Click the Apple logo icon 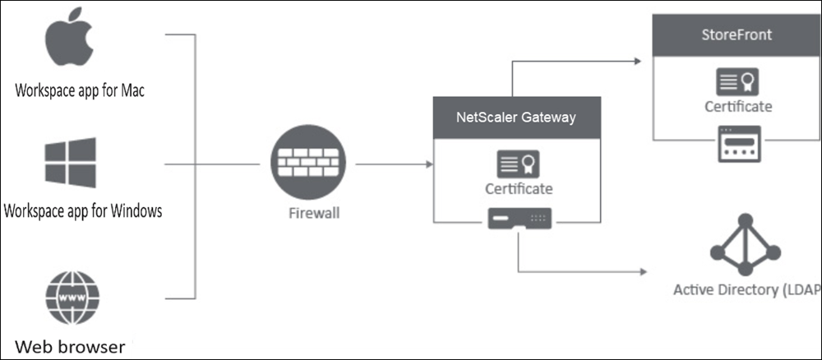tap(69, 37)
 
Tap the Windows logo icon tap(70, 163)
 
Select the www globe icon tap(72, 298)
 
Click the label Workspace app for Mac tap(80, 90)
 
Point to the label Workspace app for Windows tap(83, 210)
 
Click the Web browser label tap(70, 346)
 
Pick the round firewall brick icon tap(307, 163)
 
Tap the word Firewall tap(314, 213)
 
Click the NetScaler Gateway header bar tap(517, 118)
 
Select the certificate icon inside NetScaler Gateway tap(518, 164)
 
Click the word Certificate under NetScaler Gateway tap(519, 188)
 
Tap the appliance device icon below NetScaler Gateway tap(520, 219)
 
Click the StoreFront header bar tap(737, 35)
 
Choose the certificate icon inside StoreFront tap(737, 81)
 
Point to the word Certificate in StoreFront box tap(738, 106)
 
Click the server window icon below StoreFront tap(739, 144)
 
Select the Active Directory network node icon tap(745, 245)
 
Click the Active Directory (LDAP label tap(747, 290)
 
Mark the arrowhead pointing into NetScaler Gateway tap(430, 164)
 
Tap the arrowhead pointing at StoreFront tap(638, 62)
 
